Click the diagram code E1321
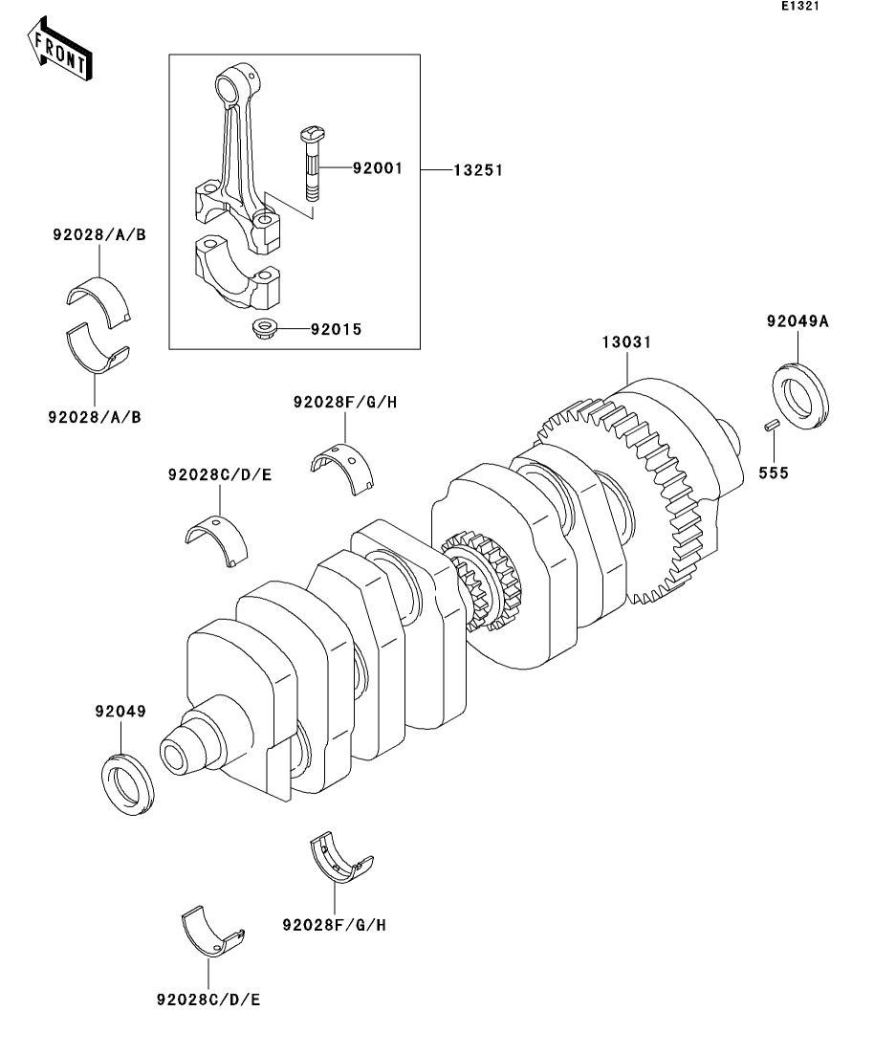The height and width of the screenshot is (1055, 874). point(800,6)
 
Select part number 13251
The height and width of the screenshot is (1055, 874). point(478,170)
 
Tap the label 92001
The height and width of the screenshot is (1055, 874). point(378,168)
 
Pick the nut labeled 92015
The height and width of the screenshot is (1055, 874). point(263,329)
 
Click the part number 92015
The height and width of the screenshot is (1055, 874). point(336,330)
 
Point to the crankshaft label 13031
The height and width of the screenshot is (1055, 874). point(626,341)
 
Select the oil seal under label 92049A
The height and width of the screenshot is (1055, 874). point(800,396)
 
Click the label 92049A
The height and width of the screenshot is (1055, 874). point(798,321)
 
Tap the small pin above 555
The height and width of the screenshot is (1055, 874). point(772,426)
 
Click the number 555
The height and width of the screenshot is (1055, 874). point(773,473)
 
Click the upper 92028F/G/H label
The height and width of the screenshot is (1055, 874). point(345,403)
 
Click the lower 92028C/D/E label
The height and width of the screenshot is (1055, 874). point(208,1000)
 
